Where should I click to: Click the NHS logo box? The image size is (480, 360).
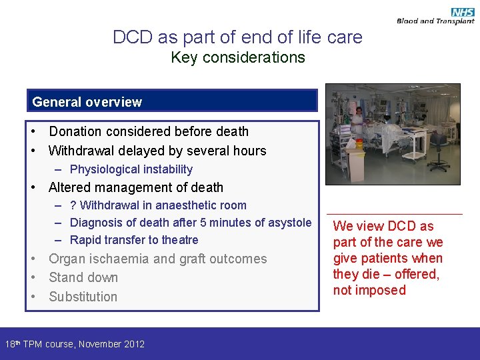(x=462, y=12)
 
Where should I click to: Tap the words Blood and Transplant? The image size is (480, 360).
(x=435, y=21)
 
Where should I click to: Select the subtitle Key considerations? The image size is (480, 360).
(x=238, y=57)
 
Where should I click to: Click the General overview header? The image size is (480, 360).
(x=87, y=102)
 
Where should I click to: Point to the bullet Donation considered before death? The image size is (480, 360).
(x=149, y=131)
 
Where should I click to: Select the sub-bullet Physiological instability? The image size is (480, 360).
(x=131, y=169)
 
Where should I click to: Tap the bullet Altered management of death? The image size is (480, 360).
(x=136, y=187)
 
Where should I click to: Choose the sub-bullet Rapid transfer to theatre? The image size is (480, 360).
(x=134, y=240)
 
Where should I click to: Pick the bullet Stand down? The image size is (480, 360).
(x=83, y=277)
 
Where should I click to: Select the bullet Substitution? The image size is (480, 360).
(x=83, y=297)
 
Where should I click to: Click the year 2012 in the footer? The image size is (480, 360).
(x=131, y=344)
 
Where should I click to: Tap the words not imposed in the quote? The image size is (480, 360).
(x=369, y=290)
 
